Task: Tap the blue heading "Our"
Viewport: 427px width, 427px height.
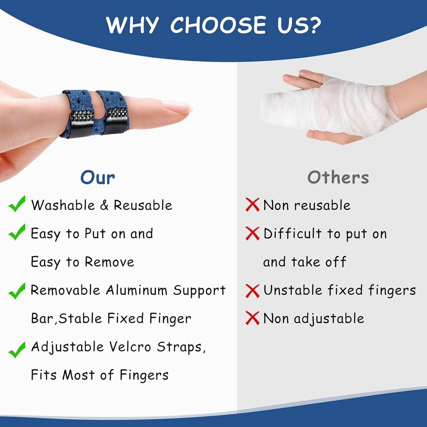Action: click(98, 178)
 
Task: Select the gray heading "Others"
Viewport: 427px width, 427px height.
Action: click(338, 178)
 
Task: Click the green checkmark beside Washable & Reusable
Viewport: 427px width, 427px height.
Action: click(17, 204)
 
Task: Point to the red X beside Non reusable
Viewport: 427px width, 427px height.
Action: click(252, 205)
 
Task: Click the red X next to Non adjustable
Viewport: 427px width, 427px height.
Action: click(252, 318)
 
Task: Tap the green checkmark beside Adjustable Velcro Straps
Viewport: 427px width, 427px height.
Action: click(17, 350)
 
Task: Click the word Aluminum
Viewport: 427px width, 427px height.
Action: click(137, 290)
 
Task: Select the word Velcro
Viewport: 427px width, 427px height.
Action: click(130, 347)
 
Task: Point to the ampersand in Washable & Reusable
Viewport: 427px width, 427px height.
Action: click(104, 205)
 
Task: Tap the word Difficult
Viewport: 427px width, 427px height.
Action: click(292, 234)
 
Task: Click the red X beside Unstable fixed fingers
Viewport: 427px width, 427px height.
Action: click(252, 291)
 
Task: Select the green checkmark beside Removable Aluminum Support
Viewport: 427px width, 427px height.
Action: click(17, 291)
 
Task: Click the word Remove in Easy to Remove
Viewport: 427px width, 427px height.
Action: click(109, 262)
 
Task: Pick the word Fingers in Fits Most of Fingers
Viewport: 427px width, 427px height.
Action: click(144, 375)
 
